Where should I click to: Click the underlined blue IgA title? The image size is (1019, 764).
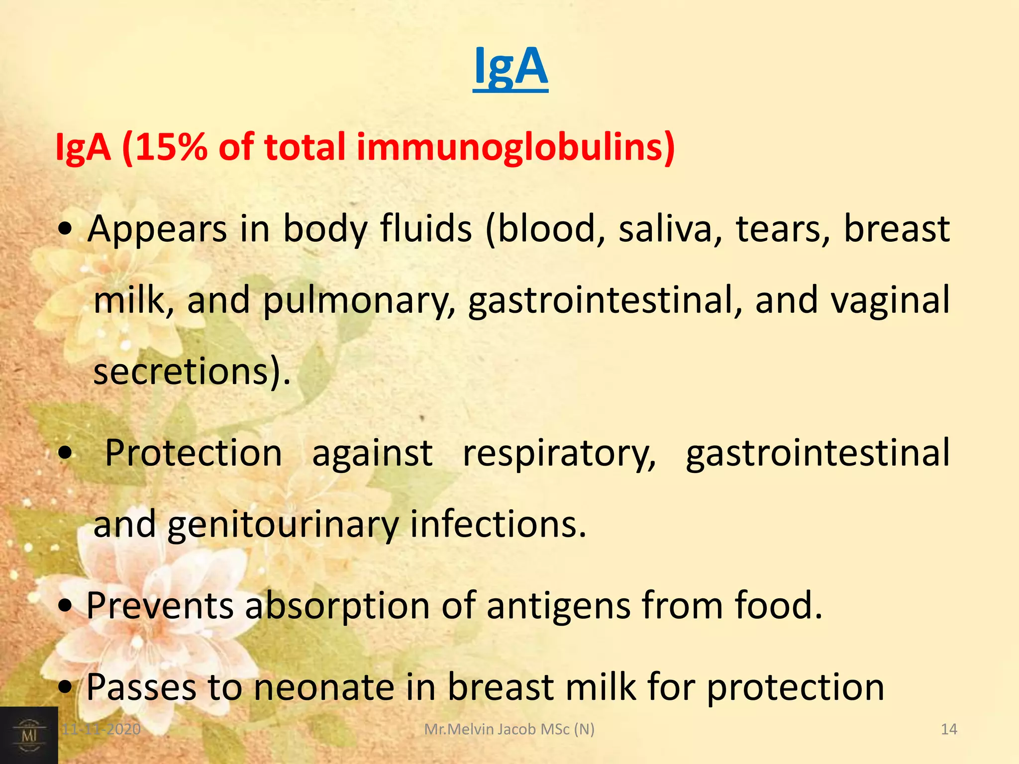tap(510, 67)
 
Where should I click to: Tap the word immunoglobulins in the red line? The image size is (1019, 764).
tap(515, 148)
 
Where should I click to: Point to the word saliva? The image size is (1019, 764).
tap(665, 229)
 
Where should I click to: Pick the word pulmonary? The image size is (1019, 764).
tap(358, 301)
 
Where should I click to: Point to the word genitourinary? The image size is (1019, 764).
tap(283, 525)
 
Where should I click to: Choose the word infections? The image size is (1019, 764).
tap(498, 524)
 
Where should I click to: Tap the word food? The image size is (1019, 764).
tap(779, 606)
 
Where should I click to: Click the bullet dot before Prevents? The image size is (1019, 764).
tap(65, 607)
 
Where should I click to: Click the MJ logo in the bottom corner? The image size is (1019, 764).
tap(29, 735)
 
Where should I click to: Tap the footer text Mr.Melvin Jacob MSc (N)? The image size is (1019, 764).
tap(509, 729)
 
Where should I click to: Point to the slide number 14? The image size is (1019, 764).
tap(949, 729)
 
